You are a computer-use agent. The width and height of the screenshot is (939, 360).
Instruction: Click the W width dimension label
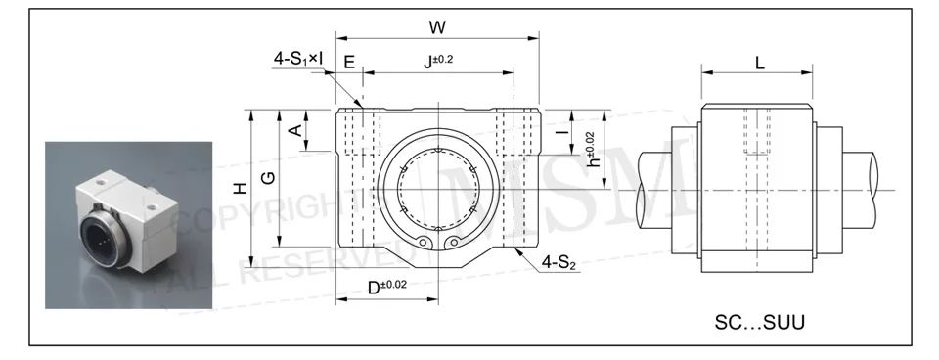(438, 27)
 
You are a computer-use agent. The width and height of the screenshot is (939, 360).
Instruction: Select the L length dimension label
(760, 63)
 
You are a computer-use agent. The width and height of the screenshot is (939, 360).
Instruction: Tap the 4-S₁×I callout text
(298, 58)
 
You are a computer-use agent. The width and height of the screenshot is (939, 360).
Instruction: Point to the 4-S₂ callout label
(559, 262)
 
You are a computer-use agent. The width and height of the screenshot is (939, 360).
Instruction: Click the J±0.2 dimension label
(438, 60)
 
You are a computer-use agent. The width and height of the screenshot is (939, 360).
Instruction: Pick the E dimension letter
(349, 63)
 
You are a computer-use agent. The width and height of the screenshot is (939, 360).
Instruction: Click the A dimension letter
(295, 130)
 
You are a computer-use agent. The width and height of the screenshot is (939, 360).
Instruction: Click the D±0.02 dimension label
(386, 287)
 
